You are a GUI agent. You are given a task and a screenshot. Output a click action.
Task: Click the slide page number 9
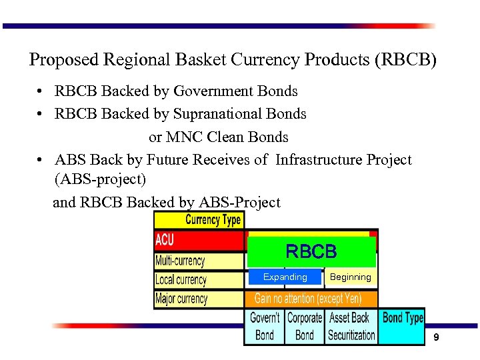[436, 338]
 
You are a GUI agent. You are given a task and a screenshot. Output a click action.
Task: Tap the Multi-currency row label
[181, 260]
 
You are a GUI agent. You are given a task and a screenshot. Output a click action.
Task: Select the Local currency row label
[181, 279]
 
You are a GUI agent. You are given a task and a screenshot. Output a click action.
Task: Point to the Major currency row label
[181, 298]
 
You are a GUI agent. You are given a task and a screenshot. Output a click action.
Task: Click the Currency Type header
[213, 220]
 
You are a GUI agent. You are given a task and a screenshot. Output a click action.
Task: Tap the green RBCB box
[311, 252]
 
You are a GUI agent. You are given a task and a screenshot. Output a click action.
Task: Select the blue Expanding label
[285, 277]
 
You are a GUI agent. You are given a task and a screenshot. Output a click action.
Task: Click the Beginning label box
[350, 277]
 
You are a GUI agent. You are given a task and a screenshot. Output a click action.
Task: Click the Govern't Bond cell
[265, 326]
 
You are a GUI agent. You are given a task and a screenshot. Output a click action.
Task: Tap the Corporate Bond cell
[305, 326]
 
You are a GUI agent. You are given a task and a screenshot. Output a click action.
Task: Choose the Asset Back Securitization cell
[351, 326]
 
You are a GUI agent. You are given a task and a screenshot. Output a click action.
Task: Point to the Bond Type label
[403, 318]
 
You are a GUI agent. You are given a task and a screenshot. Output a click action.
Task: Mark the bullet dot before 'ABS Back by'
[41, 161]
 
